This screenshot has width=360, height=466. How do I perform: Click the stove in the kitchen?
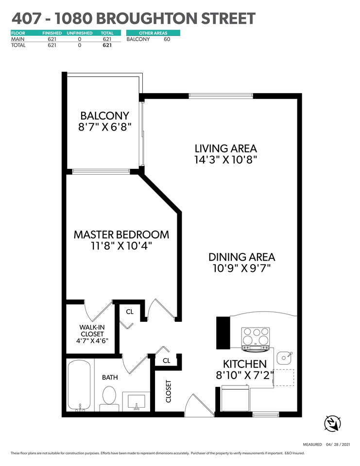(256, 338)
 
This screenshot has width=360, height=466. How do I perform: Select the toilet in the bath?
(109, 399)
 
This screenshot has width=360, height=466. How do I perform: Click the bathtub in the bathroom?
(79, 386)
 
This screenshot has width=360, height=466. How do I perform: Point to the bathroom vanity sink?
(137, 402)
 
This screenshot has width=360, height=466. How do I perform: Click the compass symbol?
(332, 423)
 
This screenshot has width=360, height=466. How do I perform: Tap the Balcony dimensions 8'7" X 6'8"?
(105, 127)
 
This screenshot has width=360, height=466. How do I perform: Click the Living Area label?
(226, 149)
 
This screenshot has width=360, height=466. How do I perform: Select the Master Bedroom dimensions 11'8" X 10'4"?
(121, 246)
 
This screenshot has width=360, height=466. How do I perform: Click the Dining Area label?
(241, 257)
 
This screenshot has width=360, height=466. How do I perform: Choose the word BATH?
(110, 378)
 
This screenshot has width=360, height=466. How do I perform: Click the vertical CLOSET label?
(169, 391)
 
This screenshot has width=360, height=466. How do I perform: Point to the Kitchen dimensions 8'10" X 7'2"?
(244, 375)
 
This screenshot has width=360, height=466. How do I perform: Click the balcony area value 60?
(167, 39)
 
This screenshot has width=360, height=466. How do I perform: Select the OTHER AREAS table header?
(153, 33)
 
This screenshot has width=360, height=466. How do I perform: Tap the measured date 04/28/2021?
(338, 445)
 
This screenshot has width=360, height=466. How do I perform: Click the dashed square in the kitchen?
(284, 378)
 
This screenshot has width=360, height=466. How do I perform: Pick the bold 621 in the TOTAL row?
(107, 45)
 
